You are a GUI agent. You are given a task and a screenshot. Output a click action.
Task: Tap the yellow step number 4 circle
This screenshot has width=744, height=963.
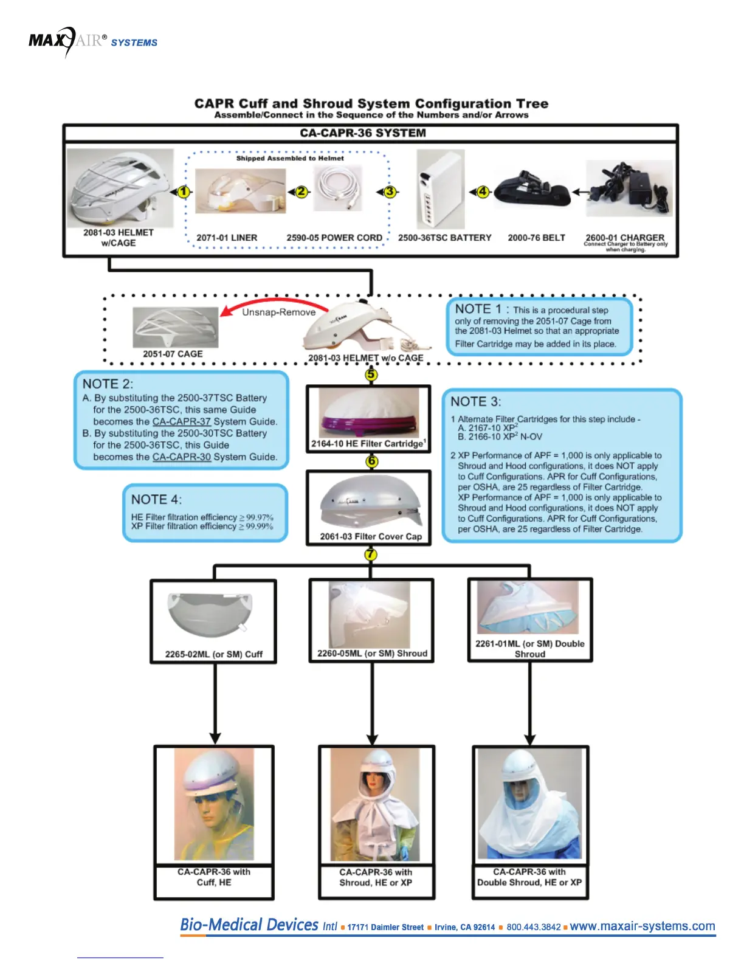[483, 192]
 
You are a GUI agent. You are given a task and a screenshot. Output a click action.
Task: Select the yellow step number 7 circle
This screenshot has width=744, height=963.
[371, 554]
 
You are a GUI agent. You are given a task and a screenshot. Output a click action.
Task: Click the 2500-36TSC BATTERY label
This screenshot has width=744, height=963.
[444, 238]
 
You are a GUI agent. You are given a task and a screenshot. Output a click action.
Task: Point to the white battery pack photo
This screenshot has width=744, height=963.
[441, 189]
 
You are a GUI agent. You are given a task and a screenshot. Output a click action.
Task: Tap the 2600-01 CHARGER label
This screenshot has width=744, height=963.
[625, 238]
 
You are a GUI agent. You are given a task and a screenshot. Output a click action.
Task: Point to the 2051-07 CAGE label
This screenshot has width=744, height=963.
[173, 354]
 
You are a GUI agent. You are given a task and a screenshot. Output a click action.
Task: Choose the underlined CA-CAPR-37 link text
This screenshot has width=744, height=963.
[181, 421]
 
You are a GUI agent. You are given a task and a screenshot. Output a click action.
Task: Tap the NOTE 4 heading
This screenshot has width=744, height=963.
[156, 499]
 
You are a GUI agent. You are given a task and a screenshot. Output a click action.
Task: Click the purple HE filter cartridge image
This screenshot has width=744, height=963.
[368, 414]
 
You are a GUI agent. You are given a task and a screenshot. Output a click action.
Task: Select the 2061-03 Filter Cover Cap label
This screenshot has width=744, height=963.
[371, 536]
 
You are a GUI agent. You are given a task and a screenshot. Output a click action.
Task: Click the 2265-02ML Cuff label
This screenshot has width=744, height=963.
[213, 654]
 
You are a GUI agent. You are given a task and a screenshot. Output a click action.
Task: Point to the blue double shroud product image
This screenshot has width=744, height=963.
[528, 609]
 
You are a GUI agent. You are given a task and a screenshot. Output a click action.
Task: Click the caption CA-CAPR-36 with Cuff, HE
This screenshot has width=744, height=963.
[214, 877]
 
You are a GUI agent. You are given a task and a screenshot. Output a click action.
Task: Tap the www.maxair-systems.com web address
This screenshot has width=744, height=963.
[642, 926]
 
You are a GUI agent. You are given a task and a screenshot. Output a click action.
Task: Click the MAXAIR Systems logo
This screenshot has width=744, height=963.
[92, 41]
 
